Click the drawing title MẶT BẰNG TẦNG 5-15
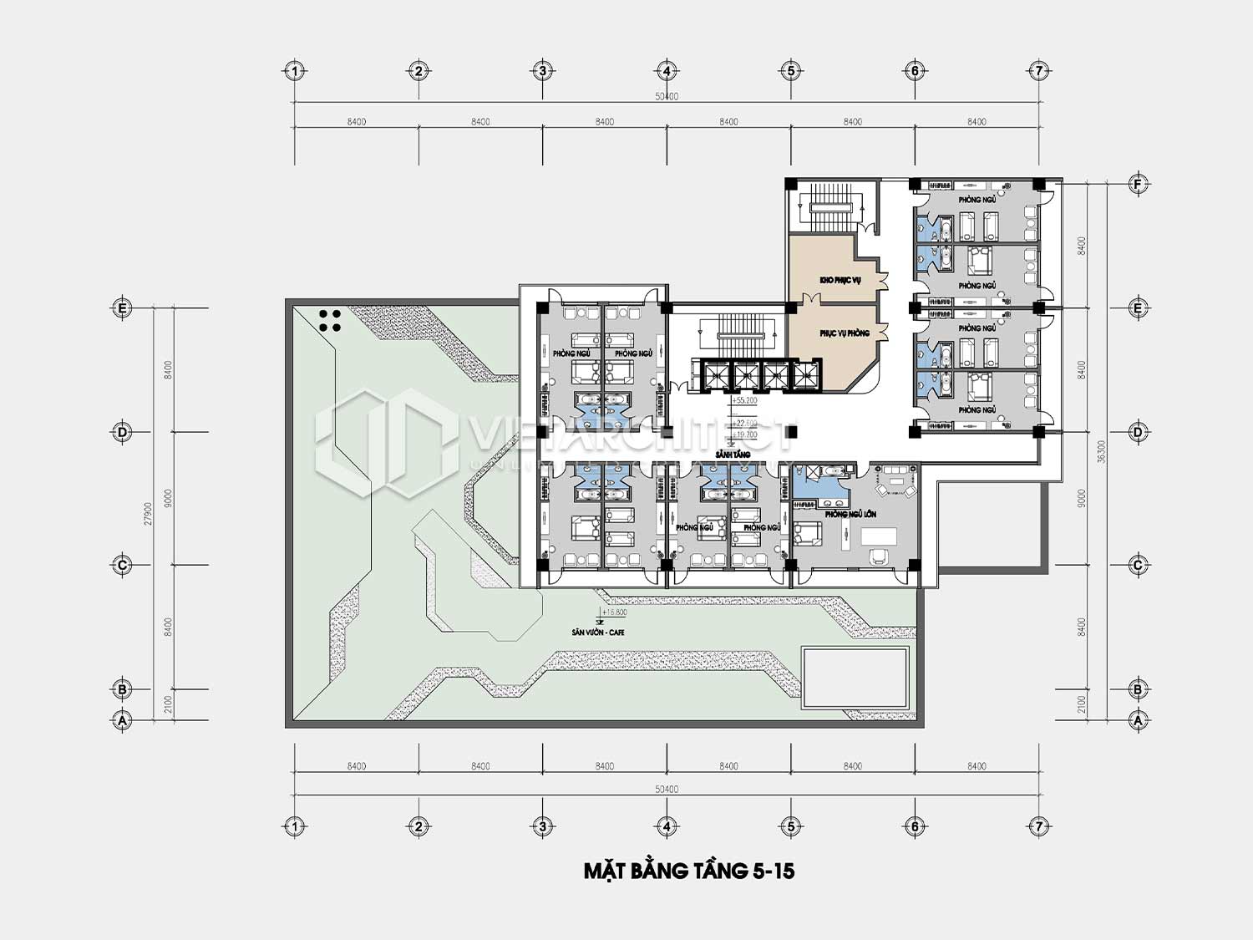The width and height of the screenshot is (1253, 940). coord(688,871)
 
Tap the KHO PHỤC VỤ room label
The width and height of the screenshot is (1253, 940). coord(840,280)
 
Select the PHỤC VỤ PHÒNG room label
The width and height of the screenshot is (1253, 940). coord(844,333)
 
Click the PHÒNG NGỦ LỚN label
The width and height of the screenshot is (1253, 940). coord(850,514)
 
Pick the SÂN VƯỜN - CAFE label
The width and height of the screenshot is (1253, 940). coord(598,633)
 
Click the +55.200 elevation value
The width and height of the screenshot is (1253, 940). coord(744,401)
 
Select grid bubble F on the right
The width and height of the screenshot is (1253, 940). coord(1138,184)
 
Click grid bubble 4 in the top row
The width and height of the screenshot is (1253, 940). coord(667,71)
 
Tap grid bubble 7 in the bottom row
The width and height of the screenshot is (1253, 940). coord(1039,826)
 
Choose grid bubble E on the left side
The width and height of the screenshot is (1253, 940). coord(122,307)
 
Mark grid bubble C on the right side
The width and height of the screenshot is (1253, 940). coord(1138,565)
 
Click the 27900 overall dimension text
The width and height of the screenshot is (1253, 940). coord(148,513)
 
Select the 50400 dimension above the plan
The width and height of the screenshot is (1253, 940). coord(667,96)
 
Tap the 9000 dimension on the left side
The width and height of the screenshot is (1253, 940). coord(169,498)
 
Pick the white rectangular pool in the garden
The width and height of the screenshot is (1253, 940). coord(854,677)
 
